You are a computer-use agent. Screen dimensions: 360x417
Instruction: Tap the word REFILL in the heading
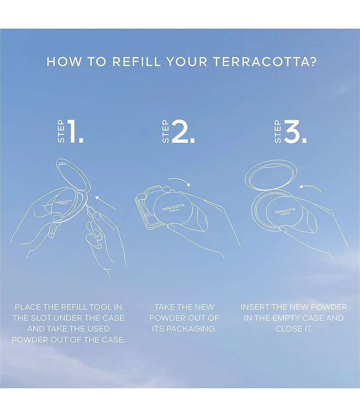[x=136, y=62]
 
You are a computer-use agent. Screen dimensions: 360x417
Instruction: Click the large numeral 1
[x=75, y=131]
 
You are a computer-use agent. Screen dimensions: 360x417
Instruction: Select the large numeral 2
[x=183, y=131]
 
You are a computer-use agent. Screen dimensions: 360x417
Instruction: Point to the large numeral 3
[x=295, y=131]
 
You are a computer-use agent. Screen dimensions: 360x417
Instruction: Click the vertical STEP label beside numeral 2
[x=166, y=131]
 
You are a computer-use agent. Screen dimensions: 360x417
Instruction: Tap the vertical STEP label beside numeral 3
[x=278, y=131]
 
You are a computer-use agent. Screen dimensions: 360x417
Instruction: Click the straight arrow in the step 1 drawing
[x=105, y=203]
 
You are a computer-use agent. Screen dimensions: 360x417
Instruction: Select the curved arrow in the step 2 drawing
[x=179, y=181]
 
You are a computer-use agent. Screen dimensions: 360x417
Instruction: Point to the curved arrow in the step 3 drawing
[x=311, y=187]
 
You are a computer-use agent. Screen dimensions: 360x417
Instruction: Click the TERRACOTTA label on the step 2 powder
[x=173, y=207]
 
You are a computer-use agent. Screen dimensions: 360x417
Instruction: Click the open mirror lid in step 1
[x=72, y=174]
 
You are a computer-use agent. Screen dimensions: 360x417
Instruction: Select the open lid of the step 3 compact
[x=270, y=175]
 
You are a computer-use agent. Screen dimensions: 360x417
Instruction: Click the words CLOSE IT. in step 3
[x=294, y=329]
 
